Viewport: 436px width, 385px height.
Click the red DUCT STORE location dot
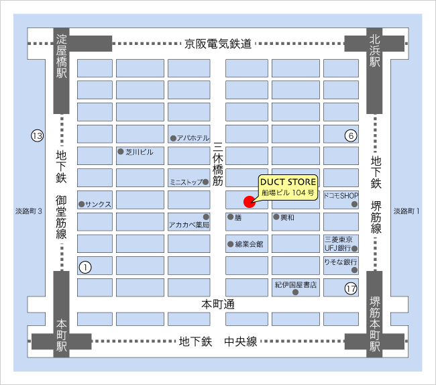(x=248, y=201)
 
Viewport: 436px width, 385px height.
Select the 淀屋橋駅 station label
(x=62, y=54)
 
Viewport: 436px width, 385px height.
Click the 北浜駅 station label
(x=374, y=50)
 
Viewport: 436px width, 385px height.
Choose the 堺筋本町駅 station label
(x=374, y=327)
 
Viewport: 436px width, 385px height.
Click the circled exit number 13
(x=37, y=136)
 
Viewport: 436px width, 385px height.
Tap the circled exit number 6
(x=349, y=135)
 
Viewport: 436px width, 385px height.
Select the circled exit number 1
(x=85, y=266)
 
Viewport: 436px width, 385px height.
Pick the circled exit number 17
(x=350, y=289)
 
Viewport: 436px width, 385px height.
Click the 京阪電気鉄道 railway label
(x=218, y=44)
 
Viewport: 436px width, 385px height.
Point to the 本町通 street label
(x=218, y=304)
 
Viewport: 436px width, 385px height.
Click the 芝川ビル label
(x=140, y=152)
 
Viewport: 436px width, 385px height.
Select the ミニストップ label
(x=186, y=181)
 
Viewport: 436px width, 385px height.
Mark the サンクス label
(x=98, y=203)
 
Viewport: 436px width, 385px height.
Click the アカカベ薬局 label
(x=189, y=225)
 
